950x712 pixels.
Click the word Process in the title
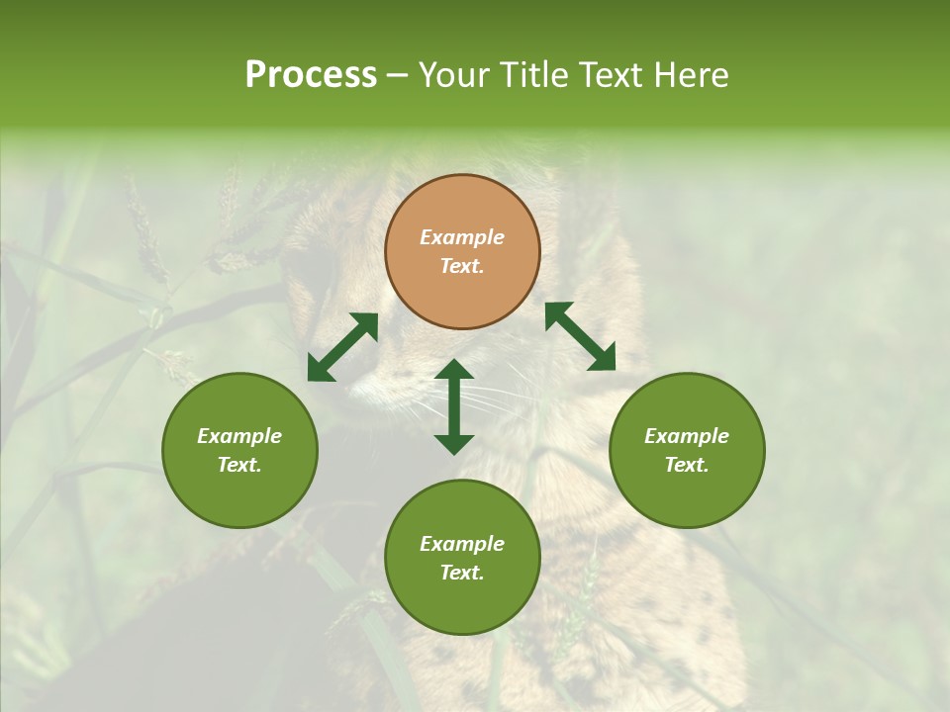[311, 75]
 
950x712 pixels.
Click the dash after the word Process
[398, 77]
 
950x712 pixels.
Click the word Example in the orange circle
[462, 237]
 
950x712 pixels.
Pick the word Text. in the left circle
[239, 465]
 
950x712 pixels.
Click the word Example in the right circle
[687, 436]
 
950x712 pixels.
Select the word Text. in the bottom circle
[462, 573]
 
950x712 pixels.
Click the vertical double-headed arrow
[454, 406]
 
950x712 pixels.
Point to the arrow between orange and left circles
[342, 347]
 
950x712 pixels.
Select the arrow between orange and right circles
[580, 336]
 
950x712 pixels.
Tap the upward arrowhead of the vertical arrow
[454, 370]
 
